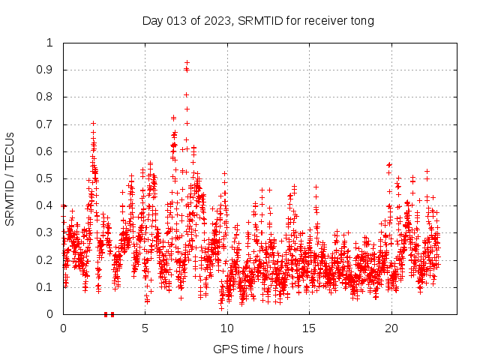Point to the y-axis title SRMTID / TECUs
coord(10,178)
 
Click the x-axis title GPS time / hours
coord(258,349)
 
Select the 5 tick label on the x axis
coord(145,328)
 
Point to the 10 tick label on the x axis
coord(226,328)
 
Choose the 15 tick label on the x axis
coord(309,328)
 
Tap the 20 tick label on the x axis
coord(391,328)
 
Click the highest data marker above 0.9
coord(187,62)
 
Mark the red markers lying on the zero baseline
coord(109,314)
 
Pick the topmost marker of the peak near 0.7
coord(93,123)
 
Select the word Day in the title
coord(152,20)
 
